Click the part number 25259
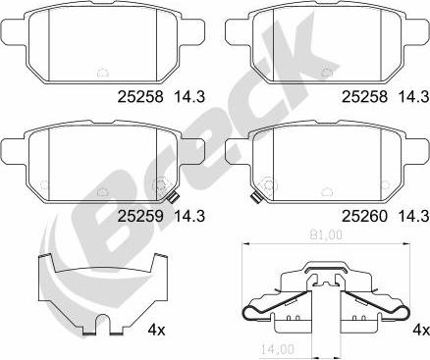[140, 216]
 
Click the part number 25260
[364, 216]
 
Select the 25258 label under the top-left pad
[140, 97]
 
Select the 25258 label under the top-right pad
[364, 97]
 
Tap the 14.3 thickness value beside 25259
[189, 216]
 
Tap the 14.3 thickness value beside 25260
[413, 216]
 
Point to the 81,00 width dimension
[325, 234]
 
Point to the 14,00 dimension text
[277, 349]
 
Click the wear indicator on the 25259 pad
[173, 197]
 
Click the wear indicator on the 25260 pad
[256, 197]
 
